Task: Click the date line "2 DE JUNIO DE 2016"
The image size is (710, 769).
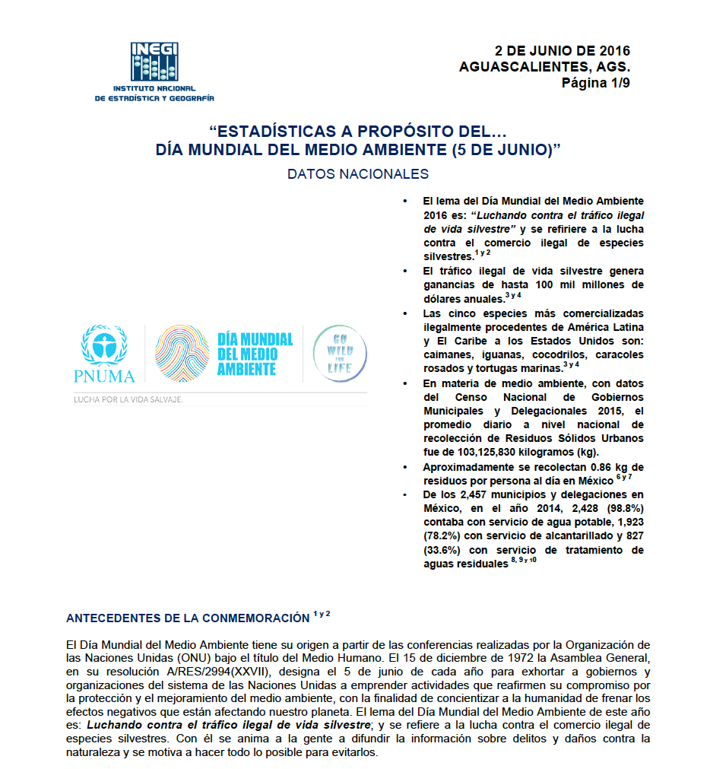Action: [563, 52]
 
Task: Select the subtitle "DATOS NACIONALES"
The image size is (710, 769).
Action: [358, 174]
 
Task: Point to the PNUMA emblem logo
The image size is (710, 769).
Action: [107, 353]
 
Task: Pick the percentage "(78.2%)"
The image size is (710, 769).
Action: [448, 536]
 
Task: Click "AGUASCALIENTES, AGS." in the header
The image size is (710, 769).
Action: [544, 67]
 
